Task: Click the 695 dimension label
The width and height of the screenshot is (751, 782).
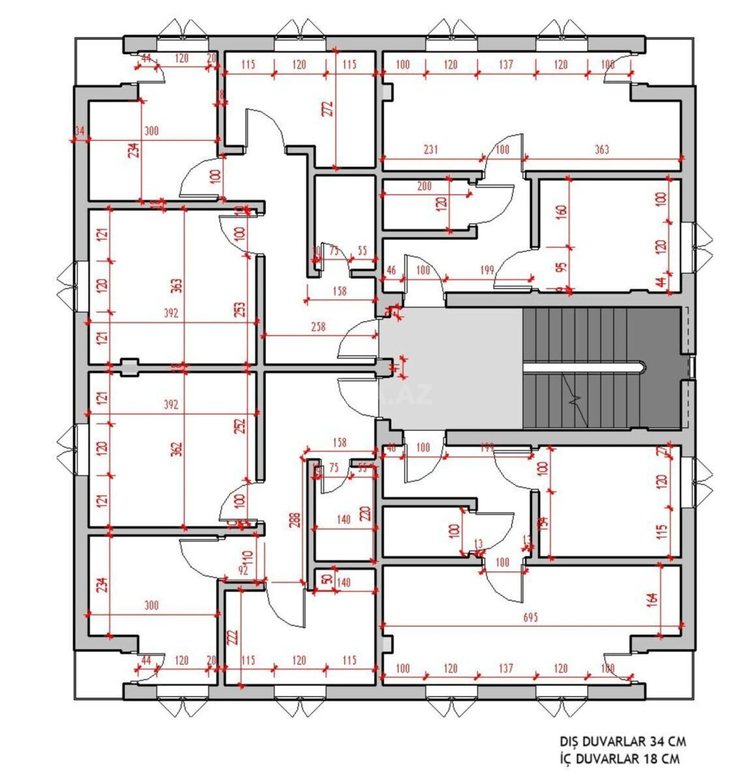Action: pos(530,617)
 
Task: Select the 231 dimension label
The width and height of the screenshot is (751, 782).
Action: pos(431,150)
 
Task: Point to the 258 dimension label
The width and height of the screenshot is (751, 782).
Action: pos(318,326)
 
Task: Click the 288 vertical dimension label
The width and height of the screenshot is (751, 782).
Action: pos(294,520)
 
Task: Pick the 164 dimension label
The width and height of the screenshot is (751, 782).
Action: pos(652,600)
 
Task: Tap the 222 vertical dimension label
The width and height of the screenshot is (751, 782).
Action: pos(233,637)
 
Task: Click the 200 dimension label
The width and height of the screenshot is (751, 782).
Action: pos(424,186)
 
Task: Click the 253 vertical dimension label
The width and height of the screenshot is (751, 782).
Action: pos(240,309)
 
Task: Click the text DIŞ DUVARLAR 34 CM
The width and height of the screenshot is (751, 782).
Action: pos(623,741)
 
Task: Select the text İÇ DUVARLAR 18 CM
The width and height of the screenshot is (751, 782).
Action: pos(619,759)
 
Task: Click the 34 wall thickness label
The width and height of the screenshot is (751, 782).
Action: pos(80,131)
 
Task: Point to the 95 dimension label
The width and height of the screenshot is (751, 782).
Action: pos(561,267)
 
